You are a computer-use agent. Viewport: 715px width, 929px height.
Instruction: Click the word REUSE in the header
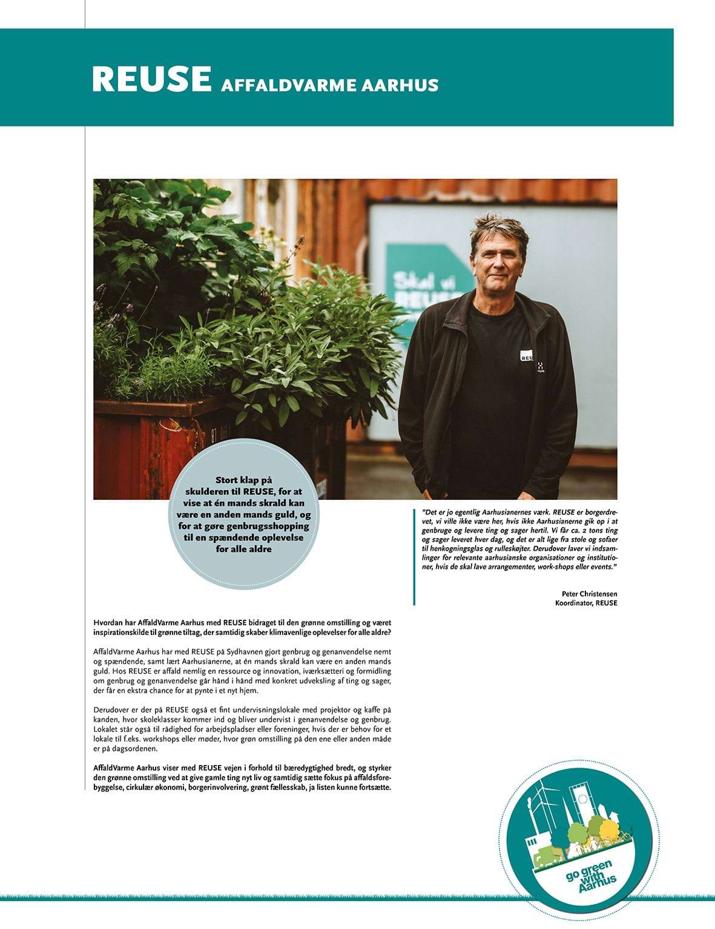point(151,79)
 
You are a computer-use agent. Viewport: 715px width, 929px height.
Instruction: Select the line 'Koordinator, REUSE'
point(586,603)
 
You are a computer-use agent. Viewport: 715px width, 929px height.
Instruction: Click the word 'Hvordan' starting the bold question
point(108,622)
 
